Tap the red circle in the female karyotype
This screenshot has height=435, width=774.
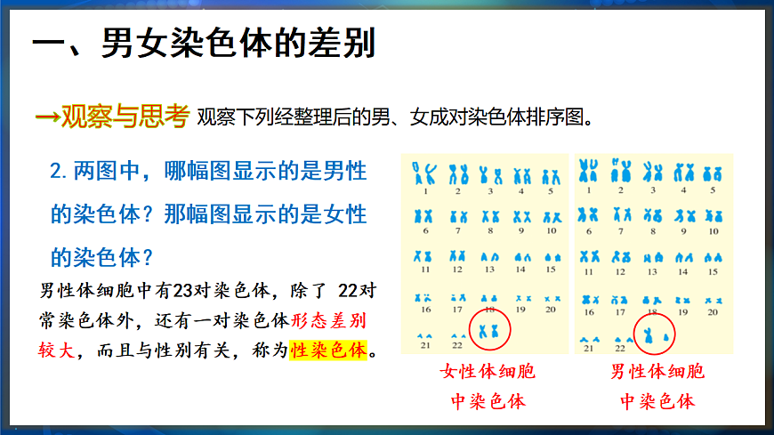click(x=488, y=326)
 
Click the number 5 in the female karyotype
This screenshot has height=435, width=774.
click(x=551, y=190)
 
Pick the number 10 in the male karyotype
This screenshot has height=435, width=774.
click(x=713, y=230)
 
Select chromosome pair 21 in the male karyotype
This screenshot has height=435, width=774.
click(x=588, y=339)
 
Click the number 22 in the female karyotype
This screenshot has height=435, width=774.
click(x=456, y=345)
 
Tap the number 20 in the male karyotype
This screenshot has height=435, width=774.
click(x=713, y=312)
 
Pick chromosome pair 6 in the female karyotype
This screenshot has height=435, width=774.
click(x=426, y=216)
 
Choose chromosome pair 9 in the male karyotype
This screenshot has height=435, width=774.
click(x=683, y=214)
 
